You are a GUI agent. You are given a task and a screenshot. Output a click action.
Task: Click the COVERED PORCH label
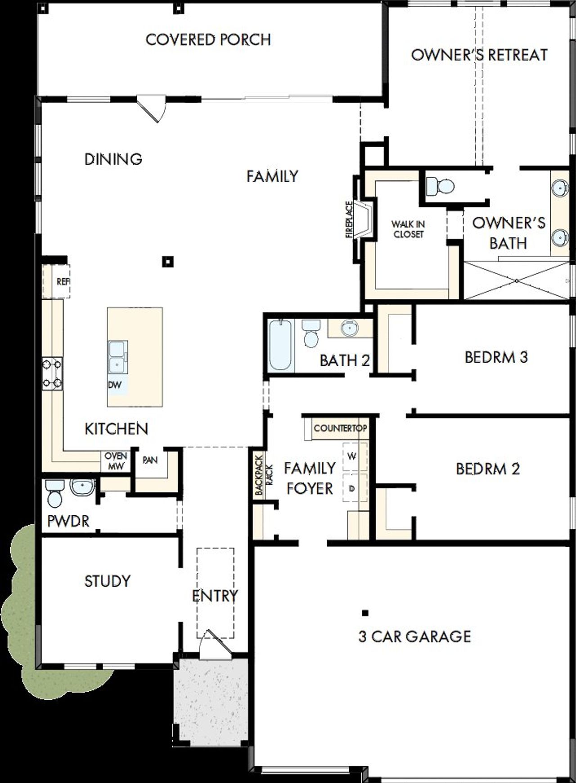(x=208, y=40)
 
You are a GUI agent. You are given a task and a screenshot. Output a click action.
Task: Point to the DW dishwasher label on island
(x=114, y=385)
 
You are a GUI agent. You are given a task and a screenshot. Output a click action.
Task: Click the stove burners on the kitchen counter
(x=52, y=373)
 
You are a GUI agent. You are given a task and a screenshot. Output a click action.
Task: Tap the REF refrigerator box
(x=57, y=282)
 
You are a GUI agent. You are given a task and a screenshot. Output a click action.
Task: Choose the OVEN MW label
(x=116, y=461)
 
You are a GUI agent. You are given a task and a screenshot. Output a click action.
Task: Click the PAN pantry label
(x=150, y=460)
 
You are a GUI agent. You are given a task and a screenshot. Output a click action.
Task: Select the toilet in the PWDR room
(x=55, y=492)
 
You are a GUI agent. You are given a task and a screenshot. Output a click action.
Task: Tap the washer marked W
(x=353, y=456)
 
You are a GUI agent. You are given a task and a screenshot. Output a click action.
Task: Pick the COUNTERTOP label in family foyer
(x=340, y=428)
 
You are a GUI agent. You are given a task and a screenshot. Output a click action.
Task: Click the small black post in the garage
(x=365, y=612)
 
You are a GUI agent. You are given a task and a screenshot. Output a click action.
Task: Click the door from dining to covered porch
(x=153, y=108)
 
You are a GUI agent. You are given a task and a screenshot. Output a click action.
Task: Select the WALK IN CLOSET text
(x=408, y=229)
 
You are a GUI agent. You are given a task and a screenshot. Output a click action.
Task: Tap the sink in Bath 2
(x=349, y=328)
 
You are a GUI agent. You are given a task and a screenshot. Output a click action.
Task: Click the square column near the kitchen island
(x=168, y=261)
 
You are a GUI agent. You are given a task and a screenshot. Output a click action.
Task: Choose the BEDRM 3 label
(x=496, y=357)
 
